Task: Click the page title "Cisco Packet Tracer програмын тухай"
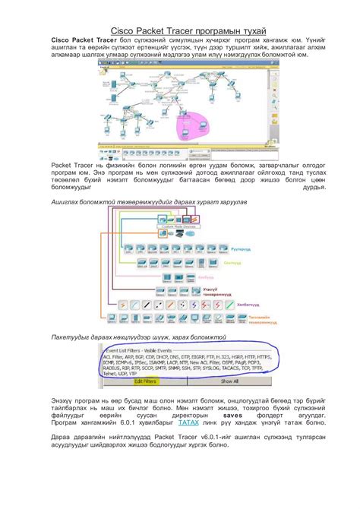click(179, 29)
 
